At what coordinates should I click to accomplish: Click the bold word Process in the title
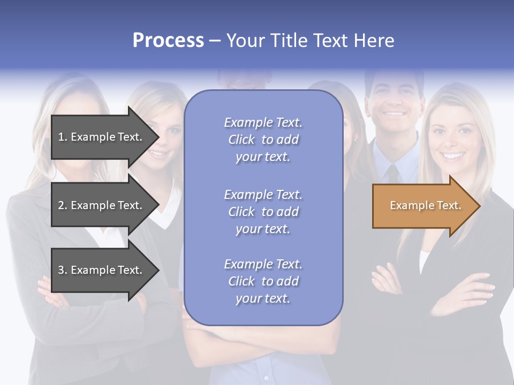click(168, 41)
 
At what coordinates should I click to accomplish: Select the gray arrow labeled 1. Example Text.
click(102, 137)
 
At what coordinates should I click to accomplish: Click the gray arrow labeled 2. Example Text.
click(102, 205)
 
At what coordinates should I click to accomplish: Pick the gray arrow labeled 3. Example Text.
click(102, 270)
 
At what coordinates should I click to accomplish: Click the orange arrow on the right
click(423, 206)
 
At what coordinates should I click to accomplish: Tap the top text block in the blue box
click(263, 140)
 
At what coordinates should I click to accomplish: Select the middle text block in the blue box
click(263, 212)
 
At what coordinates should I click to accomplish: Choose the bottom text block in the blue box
click(263, 281)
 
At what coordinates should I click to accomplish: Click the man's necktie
click(394, 174)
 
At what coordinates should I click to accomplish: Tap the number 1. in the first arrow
click(63, 137)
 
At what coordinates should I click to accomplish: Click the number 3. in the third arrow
click(63, 270)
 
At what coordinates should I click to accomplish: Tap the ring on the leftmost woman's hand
click(60, 303)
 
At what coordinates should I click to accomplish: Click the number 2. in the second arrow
click(63, 205)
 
